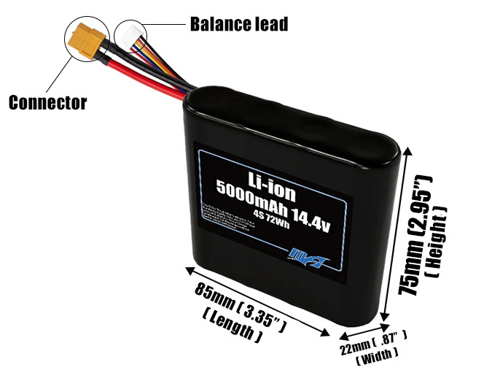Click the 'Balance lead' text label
point(238,23)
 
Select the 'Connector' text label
point(47,102)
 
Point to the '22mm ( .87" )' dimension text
point(372,342)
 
